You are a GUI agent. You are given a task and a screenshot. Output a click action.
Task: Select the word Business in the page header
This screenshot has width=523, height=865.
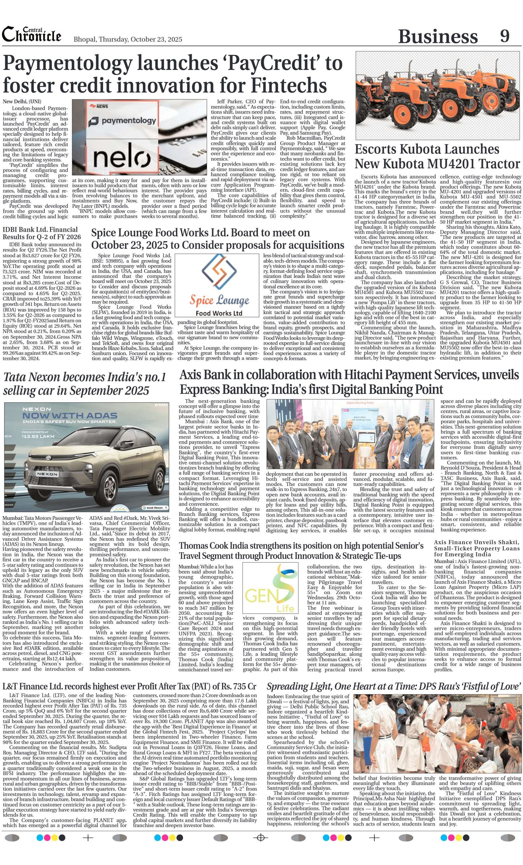point(438,37)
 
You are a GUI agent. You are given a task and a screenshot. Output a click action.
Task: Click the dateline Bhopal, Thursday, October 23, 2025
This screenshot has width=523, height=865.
point(128,39)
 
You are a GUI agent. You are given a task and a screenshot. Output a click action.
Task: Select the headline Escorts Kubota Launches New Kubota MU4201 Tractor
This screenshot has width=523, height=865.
point(437,156)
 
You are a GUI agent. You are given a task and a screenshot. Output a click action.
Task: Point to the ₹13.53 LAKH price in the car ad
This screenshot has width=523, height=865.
point(38,436)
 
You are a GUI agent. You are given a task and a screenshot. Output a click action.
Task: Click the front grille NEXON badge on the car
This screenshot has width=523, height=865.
point(47,474)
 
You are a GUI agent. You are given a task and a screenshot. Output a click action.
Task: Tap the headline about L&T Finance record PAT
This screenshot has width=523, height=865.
point(129,686)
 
